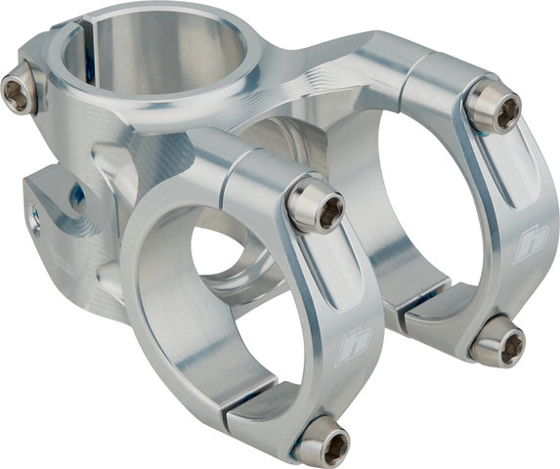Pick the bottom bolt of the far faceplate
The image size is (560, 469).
(499, 342)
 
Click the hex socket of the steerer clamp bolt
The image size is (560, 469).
(15, 93)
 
